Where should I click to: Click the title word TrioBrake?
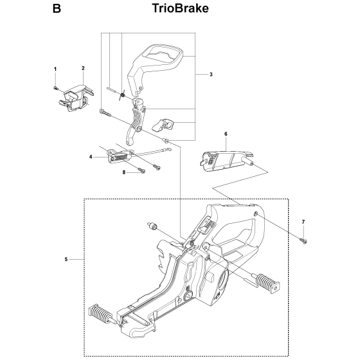click(x=181, y=8)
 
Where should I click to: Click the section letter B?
click(x=57, y=9)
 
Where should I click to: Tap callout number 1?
click(x=55, y=69)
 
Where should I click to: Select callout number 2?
click(x=83, y=68)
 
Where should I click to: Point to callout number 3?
click(x=211, y=75)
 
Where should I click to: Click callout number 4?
click(x=91, y=157)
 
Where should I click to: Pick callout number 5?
click(x=66, y=259)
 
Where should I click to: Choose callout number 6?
click(x=226, y=134)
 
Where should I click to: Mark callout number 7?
click(x=303, y=222)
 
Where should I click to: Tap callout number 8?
click(x=124, y=172)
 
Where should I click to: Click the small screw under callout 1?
click(x=56, y=88)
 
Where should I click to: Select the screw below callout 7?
click(x=303, y=241)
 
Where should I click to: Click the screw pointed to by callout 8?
click(x=141, y=170)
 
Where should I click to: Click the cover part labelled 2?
click(x=76, y=98)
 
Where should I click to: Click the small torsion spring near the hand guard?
click(x=122, y=94)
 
